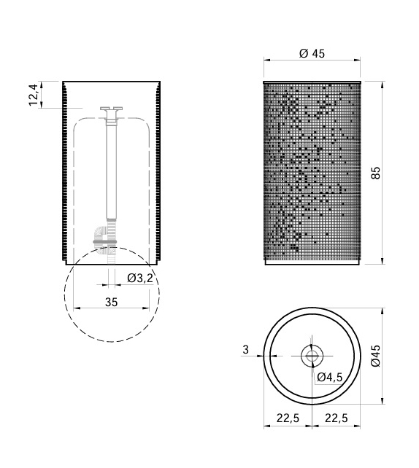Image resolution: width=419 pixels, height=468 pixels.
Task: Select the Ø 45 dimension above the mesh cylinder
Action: click(x=312, y=52)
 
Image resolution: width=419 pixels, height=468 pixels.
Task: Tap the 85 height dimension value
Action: click(x=376, y=173)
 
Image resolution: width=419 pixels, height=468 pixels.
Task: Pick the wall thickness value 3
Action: click(x=245, y=350)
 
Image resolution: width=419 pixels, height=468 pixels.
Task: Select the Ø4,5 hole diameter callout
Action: click(x=329, y=377)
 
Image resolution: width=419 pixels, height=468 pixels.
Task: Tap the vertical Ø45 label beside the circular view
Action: click(x=376, y=355)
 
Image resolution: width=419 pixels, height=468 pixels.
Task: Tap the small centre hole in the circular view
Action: click(x=312, y=356)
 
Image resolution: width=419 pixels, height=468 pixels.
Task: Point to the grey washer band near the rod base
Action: click(x=112, y=243)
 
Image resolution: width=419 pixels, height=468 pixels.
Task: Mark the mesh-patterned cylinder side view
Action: click(x=312, y=171)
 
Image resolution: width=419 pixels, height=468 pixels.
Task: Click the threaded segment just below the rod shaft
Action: click(x=112, y=226)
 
